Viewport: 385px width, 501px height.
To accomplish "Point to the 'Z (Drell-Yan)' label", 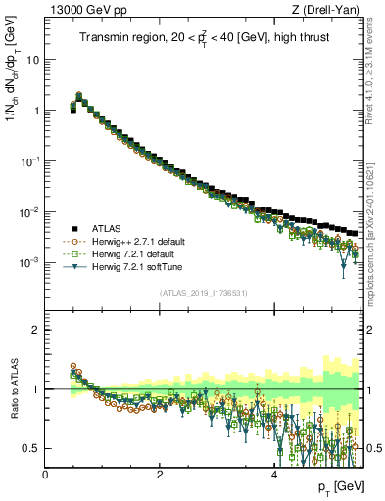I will [331, 11].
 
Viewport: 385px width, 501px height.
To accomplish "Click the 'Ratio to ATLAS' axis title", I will [14, 391].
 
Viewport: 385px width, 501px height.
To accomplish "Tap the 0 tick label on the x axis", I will [45, 474].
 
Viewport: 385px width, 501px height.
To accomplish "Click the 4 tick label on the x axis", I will [273, 474].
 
